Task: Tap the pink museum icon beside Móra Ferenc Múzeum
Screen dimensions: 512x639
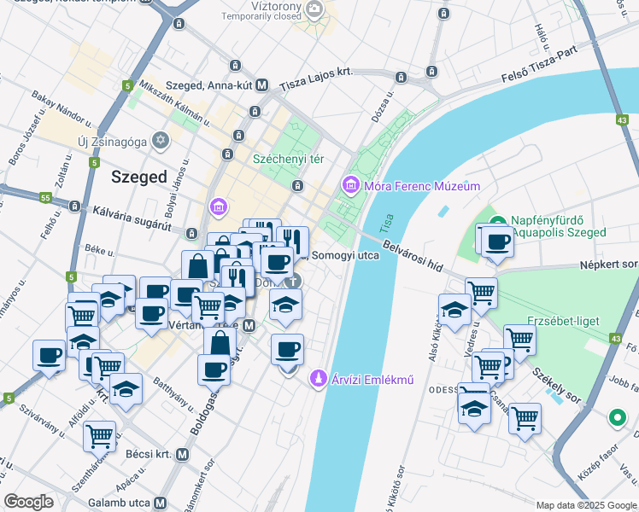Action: click(349, 184)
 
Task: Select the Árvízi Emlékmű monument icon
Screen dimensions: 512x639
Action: click(318, 376)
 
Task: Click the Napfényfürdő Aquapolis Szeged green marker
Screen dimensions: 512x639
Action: click(499, 220)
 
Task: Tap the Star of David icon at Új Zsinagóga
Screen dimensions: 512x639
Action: click(160, 139)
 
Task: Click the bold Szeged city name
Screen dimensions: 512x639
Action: click(138, 177)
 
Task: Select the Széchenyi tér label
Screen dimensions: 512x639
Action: click(288, 160)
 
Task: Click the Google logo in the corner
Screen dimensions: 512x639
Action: click(29, 501)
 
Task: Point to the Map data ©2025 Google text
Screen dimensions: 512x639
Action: click(585, 505)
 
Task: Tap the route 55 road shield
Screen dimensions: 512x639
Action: click(44, 198)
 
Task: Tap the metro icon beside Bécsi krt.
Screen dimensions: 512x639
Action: click(181, 455)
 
